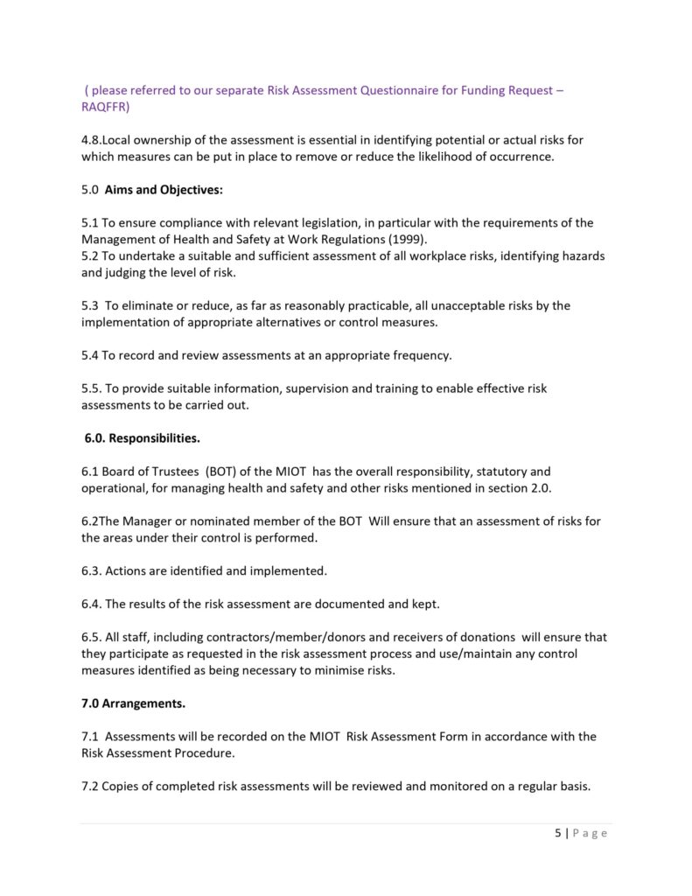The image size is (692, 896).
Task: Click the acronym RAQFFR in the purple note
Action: (x=103, y=107)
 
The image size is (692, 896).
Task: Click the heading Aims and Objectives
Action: (x=164, y=190)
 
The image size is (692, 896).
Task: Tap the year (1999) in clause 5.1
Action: (x=403, y=239)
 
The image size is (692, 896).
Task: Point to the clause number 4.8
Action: (x=91, y=140)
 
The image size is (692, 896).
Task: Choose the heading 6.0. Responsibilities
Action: (x=142, y=438)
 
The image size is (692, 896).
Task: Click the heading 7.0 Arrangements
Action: (x=133, y=703)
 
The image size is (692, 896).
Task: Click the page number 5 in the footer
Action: (x=558, y=833)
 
